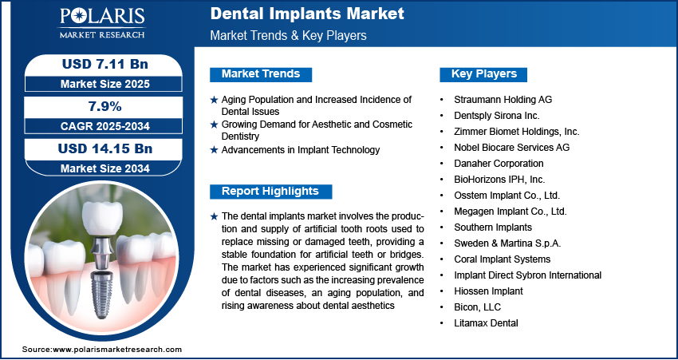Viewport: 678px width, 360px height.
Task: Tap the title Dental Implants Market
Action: (x=307, y=14)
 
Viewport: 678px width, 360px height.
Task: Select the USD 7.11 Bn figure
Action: (x=105, y=64)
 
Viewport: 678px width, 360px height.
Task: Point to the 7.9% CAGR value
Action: (x=104, y=106)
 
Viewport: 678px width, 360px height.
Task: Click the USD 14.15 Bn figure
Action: (x=105, y=148)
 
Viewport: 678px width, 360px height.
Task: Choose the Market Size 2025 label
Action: (x=105, y=84)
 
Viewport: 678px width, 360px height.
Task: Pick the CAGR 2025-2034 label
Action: (x=105, y=126)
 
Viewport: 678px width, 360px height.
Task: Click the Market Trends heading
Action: (x=261, y=74)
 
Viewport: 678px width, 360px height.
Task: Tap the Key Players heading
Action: (x=484, y=74)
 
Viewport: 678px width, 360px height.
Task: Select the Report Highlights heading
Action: (x=270, y=192)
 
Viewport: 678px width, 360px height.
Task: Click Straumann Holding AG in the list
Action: (x=503, y=100)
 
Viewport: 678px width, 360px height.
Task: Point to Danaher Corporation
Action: (x=499, y=164)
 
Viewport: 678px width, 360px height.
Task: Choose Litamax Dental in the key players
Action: (x=486, y=322)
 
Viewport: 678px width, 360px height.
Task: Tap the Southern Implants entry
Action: (x=493, y=227)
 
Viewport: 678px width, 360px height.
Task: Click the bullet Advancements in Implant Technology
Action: (x=301, y=150)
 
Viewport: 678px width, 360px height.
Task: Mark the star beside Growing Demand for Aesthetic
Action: (x=214, y=125)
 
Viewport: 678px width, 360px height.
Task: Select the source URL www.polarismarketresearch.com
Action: (x=117, y=349)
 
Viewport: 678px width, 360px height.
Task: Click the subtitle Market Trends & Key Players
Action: (x=289, y=35)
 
